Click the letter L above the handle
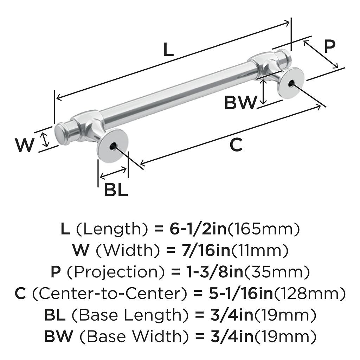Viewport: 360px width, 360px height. tap(169, 50)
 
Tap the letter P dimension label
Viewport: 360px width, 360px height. tap(329, 46)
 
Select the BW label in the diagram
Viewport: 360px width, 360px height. tap(240, 103)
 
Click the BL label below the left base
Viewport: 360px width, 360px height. tap(116, 190)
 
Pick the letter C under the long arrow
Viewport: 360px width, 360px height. tap(236, 145)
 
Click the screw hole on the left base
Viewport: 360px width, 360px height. tap(112, 146)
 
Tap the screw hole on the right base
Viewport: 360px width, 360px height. tap(291, 83)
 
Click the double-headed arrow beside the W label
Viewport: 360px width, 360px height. tap(45, 139)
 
